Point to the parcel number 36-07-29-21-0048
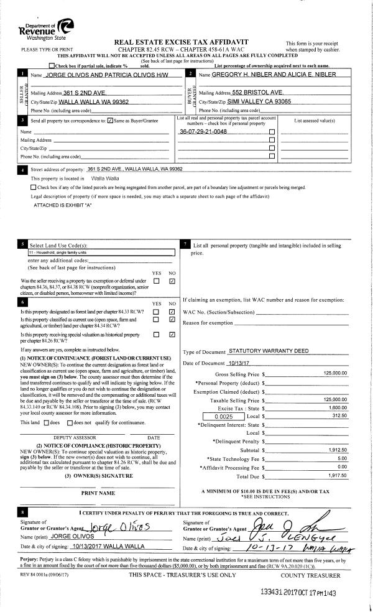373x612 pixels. (x=203, y=132)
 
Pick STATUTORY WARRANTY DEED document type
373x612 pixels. (x=269, y=351)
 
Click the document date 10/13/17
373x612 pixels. (x=225, y=363)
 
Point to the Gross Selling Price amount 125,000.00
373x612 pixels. (x=335, y=373)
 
